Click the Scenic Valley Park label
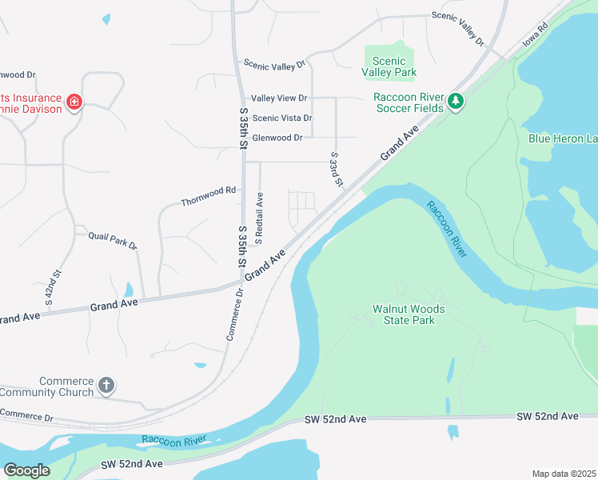coord(389,66)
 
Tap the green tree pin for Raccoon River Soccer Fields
coord(456,100)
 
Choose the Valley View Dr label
coord(279,98)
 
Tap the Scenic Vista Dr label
coord(281,118)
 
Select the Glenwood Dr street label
coord(277,138)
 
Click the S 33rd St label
coord(336,170)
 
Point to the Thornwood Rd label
coord(209,190)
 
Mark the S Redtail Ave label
coord(259,218)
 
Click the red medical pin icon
coord(74,102)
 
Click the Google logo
coord(26,470)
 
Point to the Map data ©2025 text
coord(563,474)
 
